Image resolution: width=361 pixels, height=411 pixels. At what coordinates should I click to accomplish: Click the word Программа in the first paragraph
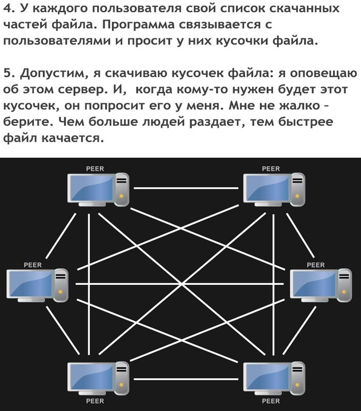(138, 25)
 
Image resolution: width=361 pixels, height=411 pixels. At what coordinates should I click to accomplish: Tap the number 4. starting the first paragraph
(9, 8)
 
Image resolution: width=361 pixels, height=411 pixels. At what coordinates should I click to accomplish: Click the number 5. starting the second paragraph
(9, 73)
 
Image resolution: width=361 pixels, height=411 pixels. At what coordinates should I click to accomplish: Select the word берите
(28, 122)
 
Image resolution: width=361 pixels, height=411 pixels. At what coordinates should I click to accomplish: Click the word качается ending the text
(73, 139)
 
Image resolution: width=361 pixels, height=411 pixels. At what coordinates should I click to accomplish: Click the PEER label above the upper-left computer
(95, 169)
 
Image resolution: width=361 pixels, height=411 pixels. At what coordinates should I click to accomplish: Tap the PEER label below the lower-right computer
(271, 401)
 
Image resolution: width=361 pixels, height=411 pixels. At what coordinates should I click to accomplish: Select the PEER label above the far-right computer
(316, 265)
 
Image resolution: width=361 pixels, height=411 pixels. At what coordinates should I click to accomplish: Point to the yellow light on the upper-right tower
(297, 196)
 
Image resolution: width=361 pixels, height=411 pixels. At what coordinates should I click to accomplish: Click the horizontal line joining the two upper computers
(186, 188)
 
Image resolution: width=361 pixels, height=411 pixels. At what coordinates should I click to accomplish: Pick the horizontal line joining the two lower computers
(186, 379)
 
